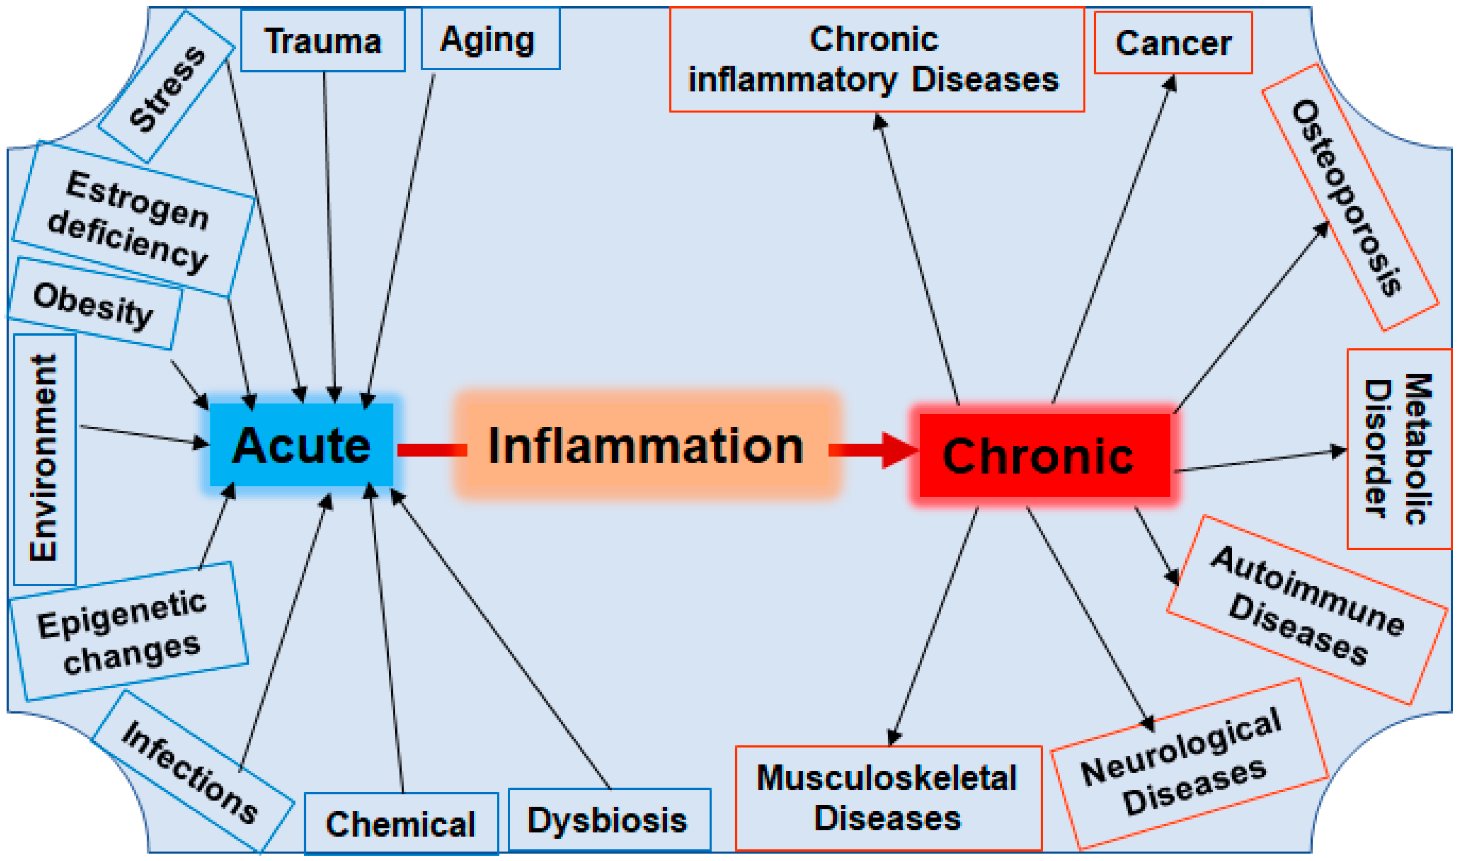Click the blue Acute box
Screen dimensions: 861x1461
tap(301, 445)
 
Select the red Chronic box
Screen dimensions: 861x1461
tap(1044, 456)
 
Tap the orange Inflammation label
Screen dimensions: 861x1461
tap(646, 445)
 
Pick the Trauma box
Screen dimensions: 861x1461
tap(323, 40)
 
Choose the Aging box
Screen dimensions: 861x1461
tap(490, 40)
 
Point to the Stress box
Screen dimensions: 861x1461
tap(166, 87)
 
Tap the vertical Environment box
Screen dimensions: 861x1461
tap(44, 458)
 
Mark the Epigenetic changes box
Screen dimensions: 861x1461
tap(128, 632)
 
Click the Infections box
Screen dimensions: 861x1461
tap(192, 772)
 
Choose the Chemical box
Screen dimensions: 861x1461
tap(401, 824)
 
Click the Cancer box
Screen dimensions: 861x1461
tap(1173, 43)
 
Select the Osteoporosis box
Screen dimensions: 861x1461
tap(1349, 197)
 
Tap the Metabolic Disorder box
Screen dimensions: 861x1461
tap(1398, 449)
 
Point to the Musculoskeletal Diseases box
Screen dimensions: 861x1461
tap(888, 798)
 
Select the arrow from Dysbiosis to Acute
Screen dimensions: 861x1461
tap(499, 638)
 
